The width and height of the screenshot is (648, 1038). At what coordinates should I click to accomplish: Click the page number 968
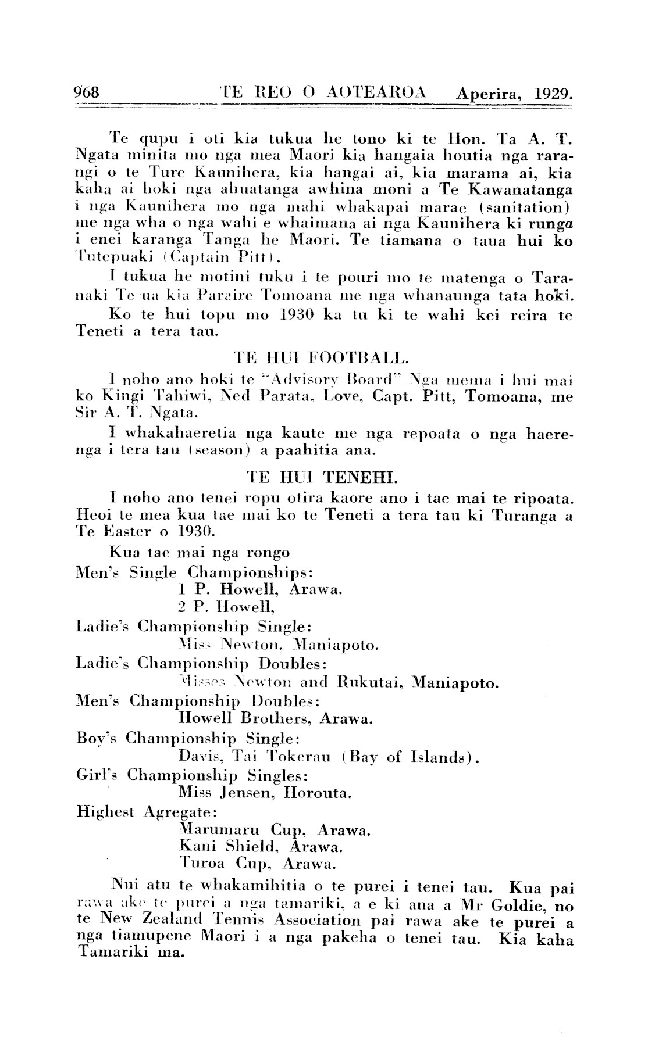coord(87,93)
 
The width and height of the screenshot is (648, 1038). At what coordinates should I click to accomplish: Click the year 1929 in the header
coord(553,94)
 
